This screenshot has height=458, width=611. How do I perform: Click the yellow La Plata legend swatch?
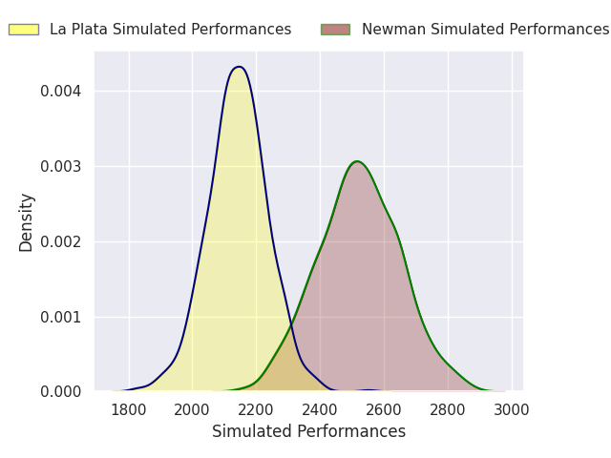pos(24,30)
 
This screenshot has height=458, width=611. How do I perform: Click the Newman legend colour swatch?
pos(335,30)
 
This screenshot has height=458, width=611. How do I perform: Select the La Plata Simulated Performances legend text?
pos(170,30)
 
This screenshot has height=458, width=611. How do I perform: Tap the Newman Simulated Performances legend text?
pos(485,30)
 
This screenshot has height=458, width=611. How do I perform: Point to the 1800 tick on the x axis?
pos(129,409)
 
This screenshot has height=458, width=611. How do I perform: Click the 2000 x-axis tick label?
pos(193,409)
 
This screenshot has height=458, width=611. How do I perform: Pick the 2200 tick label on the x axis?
pos(256,409)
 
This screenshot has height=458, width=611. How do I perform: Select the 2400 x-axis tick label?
pos(320,409)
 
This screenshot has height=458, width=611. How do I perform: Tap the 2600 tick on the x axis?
pos(384,409)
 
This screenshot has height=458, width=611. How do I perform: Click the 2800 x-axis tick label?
pos(448,409)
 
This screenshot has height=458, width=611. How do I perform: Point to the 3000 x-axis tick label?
pos(512,409)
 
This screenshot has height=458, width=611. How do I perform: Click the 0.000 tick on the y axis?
pos(61,392)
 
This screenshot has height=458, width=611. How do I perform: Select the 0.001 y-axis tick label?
pos(61,317)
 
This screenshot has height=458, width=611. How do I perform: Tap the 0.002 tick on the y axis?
pos(61,241)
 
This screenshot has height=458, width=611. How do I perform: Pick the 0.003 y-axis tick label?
pos(61,166)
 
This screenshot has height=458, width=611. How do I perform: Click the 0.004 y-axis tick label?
pos(61,92)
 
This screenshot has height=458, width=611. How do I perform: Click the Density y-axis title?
pos(27,221)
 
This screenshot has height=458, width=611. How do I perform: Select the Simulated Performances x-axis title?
pos(308,431)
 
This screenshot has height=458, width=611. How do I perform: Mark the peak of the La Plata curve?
pos(239,67)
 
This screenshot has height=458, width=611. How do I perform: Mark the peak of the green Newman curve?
pos(357,161)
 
